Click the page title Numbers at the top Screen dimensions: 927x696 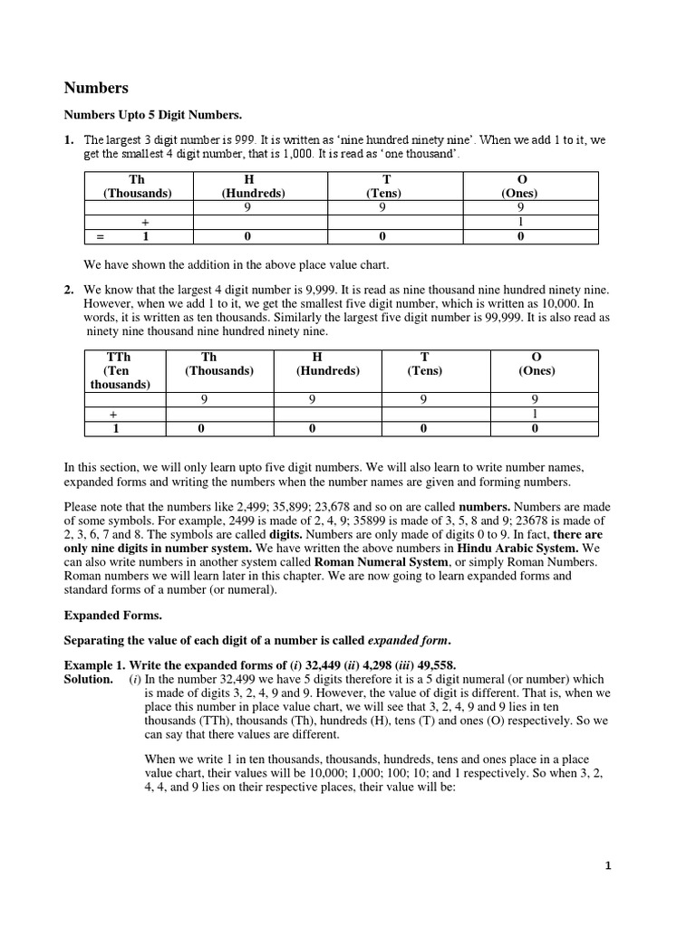point(95,88)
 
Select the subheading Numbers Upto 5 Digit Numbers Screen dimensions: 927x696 point(151,115)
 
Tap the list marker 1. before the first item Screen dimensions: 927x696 point(68,141)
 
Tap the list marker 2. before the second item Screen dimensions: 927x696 point(68,290)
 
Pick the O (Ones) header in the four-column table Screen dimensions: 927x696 point(521,186)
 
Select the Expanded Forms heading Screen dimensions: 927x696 point(112,615)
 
